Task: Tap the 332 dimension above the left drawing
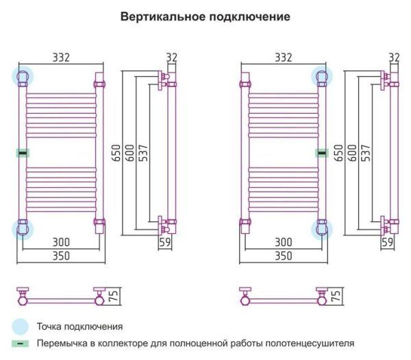point(62,58)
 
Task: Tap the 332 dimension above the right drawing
point(283,58)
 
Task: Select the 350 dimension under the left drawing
point(62,256)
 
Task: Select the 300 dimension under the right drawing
point(283,243)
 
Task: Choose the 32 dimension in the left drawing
point(171,58)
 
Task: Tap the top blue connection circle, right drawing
point(321,75)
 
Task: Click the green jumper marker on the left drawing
point(23,153)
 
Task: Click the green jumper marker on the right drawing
point(321,153)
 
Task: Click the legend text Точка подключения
point(80,327)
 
